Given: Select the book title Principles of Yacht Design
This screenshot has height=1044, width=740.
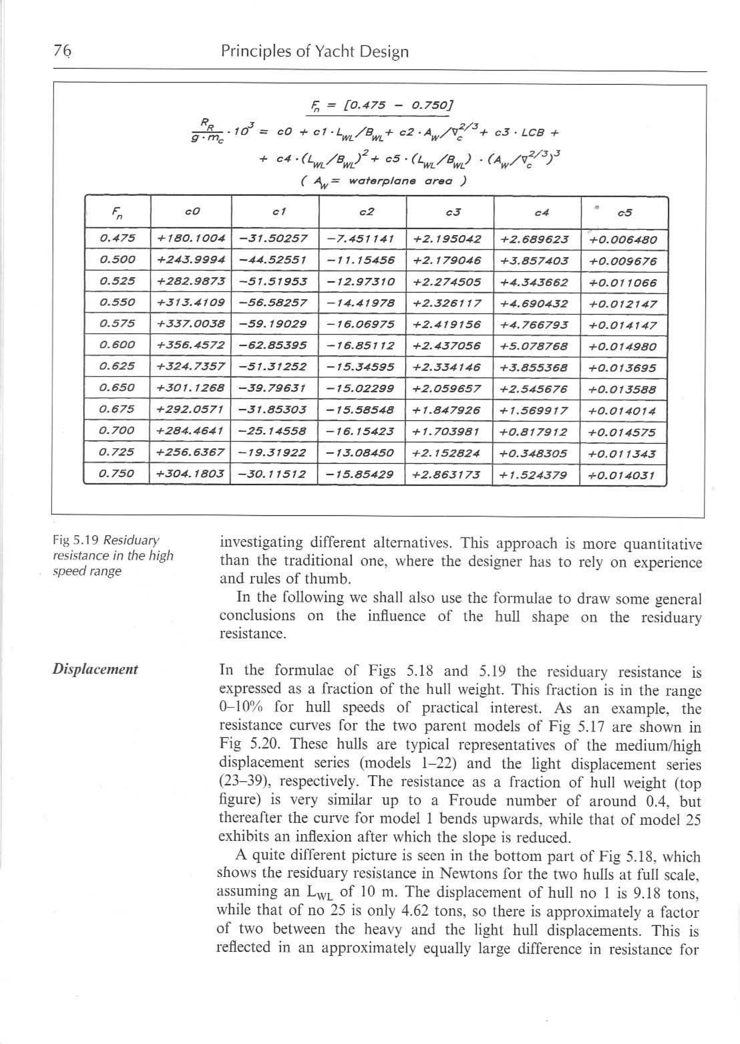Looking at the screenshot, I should point(314,52).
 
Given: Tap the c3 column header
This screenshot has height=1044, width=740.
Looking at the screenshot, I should point(453,213).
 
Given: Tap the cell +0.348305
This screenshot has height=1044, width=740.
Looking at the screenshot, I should point(533,454).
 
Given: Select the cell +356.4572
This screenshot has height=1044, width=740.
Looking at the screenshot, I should point(190,345).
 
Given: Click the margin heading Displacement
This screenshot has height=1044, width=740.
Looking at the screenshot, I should point(95,669).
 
